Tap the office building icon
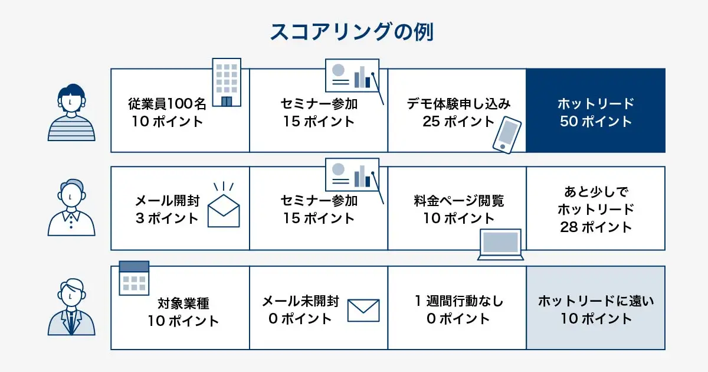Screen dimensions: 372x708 click(x=227, y=83)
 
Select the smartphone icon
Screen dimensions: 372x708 click(x=507, y=135)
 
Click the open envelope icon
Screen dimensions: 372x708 click(x=224, y=207)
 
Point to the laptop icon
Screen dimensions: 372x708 click(x=500, y=244)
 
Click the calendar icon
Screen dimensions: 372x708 click(x=134, y=278)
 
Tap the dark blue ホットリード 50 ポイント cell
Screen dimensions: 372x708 click(x=595, y=111)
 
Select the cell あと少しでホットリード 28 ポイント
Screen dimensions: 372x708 click(x=595, y=208)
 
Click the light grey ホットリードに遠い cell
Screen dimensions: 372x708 click(x=595, y=308)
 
